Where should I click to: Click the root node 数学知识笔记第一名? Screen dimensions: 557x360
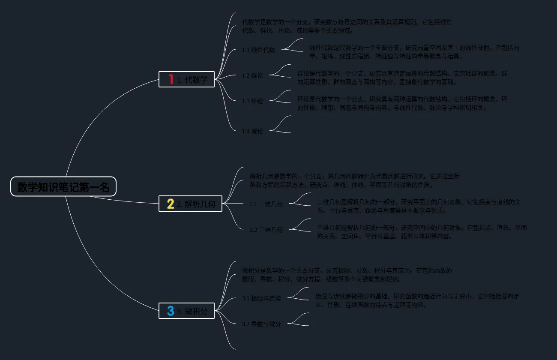click(63, 187)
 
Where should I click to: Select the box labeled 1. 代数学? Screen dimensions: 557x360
click(186, 79)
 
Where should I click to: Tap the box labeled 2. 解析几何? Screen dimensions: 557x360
click(190, 204)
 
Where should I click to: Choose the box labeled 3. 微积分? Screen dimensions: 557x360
click(186, 311)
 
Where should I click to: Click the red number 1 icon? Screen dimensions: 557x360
click(171, 79)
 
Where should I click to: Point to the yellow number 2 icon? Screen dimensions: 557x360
click(170, 204)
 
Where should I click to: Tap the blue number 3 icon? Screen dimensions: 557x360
click(171, 311)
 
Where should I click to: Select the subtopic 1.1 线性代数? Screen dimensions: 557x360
click(258, 50)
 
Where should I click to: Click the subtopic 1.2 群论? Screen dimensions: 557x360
click(252, 75)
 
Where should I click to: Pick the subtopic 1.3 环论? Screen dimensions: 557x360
click(252, 101)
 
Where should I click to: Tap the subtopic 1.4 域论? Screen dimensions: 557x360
click(252, 131)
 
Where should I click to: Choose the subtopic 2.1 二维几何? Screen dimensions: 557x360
click(266, 204)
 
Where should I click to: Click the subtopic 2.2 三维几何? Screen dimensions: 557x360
click(266, 230)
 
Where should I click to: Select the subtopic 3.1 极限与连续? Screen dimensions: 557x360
click(261, 298)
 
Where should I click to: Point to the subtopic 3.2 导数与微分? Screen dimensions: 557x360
click(261, 324)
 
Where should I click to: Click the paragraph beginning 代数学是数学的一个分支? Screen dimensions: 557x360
click(347, 26)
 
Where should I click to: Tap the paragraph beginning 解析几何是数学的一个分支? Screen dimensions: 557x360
click(354, 180)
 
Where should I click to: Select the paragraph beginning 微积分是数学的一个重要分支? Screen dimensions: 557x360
click(347, 275)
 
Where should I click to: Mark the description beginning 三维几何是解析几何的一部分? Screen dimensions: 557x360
click(422, 232)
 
